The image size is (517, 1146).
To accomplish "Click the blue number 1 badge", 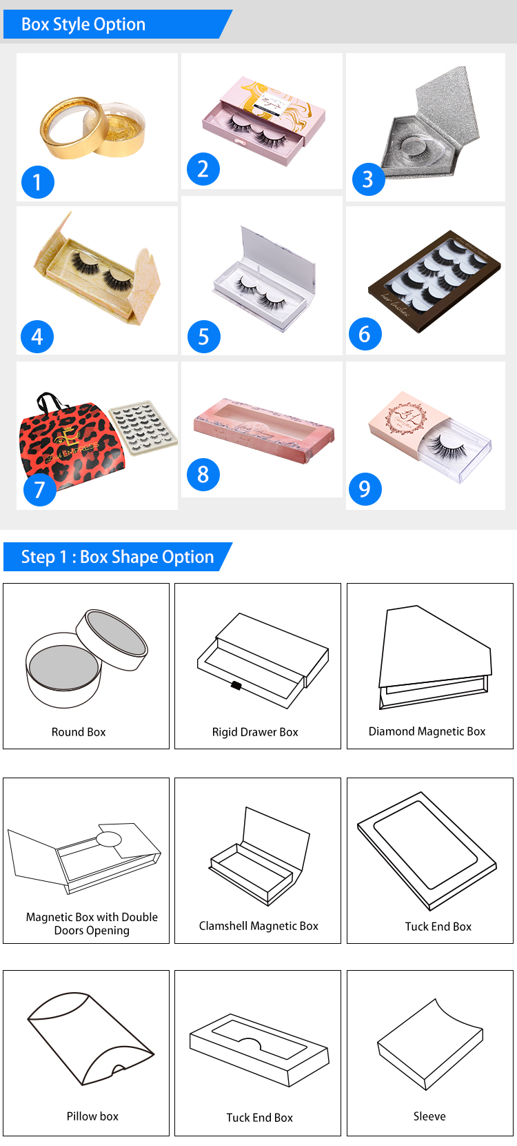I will coord(37,182).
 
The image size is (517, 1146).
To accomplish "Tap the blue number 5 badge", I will coord(203,337).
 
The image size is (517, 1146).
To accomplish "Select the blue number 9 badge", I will coord(364,489).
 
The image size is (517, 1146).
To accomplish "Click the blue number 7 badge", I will coord(39,489).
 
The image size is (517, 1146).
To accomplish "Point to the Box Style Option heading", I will coord(83,25).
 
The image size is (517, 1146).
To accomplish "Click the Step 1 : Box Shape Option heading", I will coord(117,557).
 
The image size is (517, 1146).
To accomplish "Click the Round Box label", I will coord(79,732).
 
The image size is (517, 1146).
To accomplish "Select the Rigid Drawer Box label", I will coord(255,732).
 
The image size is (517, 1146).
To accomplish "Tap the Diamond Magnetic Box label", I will coord(427,731).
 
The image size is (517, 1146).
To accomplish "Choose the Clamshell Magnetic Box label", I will coord(258,926).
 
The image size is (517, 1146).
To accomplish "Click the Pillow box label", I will coord(92,1116).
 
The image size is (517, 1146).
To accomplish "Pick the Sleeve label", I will coord(429,1116).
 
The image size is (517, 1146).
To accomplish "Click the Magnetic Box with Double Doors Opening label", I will coord(92,924).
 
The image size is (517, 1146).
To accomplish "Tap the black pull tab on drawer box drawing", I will coord(236,686).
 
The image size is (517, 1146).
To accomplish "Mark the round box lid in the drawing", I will coord(112,638).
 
